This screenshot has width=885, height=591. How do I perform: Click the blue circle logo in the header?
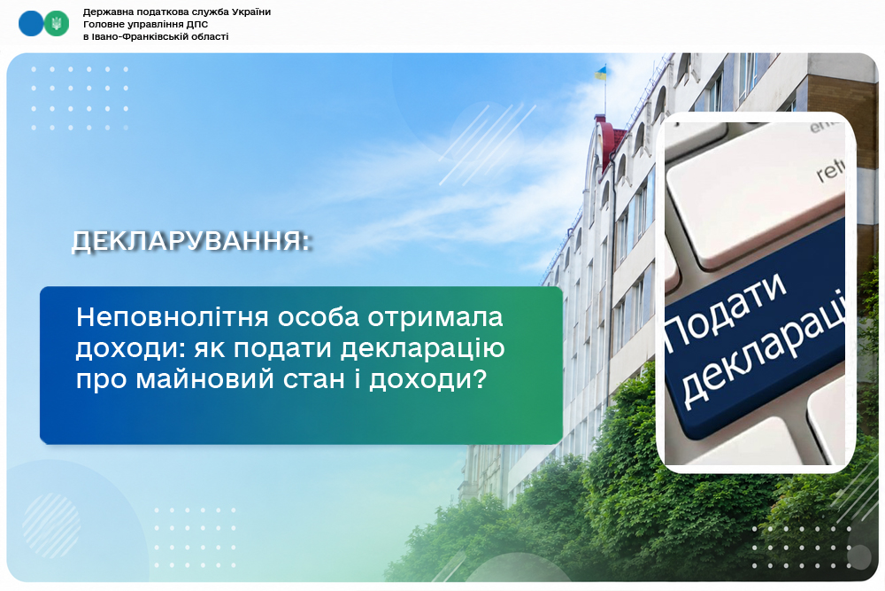click(x=30, y=24)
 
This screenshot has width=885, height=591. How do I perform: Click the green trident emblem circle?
click(x=57, y=24)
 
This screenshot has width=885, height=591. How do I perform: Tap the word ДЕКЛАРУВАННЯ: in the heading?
click(x=191, y=241)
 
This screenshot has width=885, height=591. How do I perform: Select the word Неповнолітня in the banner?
click(x=173, y=317)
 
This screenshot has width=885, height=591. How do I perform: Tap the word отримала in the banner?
click(x=435, y=317)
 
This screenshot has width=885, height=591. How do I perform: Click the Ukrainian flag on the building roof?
click(x=601, y=73)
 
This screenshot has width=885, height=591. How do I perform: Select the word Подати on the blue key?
click(x=727, y=308)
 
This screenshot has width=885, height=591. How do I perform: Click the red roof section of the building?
click(x=612, y=141)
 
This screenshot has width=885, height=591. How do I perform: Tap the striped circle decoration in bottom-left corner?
click(x=51, y=525)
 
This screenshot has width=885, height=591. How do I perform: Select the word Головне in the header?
click(x=103, y=24)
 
